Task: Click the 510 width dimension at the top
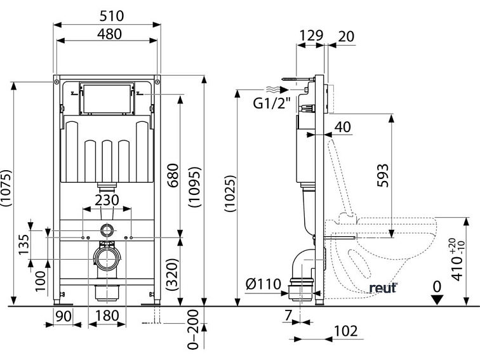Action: coord(107,15)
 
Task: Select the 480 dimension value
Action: coord(107,34)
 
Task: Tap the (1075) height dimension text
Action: coord(6,188)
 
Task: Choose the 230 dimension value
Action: coord(107,199)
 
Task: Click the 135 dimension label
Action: coord(23,243)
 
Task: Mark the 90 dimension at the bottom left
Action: coord(63,316)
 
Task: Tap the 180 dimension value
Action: coord(107,316)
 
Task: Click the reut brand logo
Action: coord(383,288)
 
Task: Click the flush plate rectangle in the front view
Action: coord(107,97)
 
